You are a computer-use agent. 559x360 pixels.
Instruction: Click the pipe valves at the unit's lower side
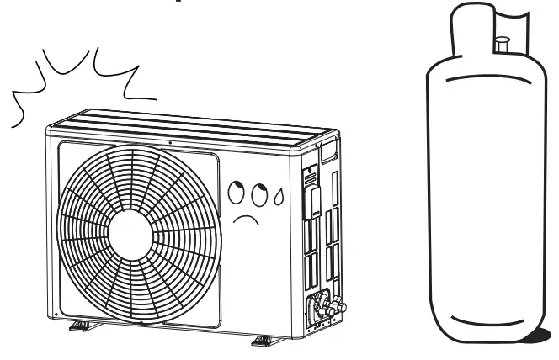point(324,306)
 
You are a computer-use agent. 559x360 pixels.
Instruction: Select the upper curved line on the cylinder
point(482,80)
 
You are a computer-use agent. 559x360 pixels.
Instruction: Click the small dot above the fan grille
point(171,143)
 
